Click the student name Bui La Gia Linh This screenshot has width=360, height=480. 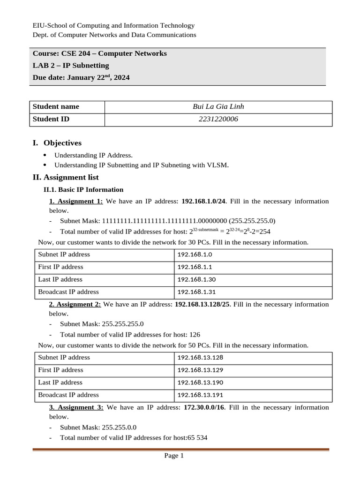pos(218,107)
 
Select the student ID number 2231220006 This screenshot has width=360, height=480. pos(218,120)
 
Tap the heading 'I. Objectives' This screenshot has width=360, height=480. pos(57,143)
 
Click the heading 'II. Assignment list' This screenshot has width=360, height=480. pos(65,178)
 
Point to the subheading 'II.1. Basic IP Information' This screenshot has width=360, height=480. pos(83,190)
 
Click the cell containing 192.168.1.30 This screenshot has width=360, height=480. pos(196,280)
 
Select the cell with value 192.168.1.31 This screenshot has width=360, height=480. pos(196,292)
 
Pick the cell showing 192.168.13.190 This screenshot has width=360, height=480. pos(200,382)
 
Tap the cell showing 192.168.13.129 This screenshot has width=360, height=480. pos(200,370)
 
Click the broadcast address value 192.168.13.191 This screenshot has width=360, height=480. pos(200,395)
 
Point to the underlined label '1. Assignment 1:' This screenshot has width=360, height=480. pos(76,202)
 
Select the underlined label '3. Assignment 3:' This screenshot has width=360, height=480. pos(76,408)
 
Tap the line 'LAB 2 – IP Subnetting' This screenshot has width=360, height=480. pos(71,66)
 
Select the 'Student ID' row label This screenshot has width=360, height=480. pos(51,120)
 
